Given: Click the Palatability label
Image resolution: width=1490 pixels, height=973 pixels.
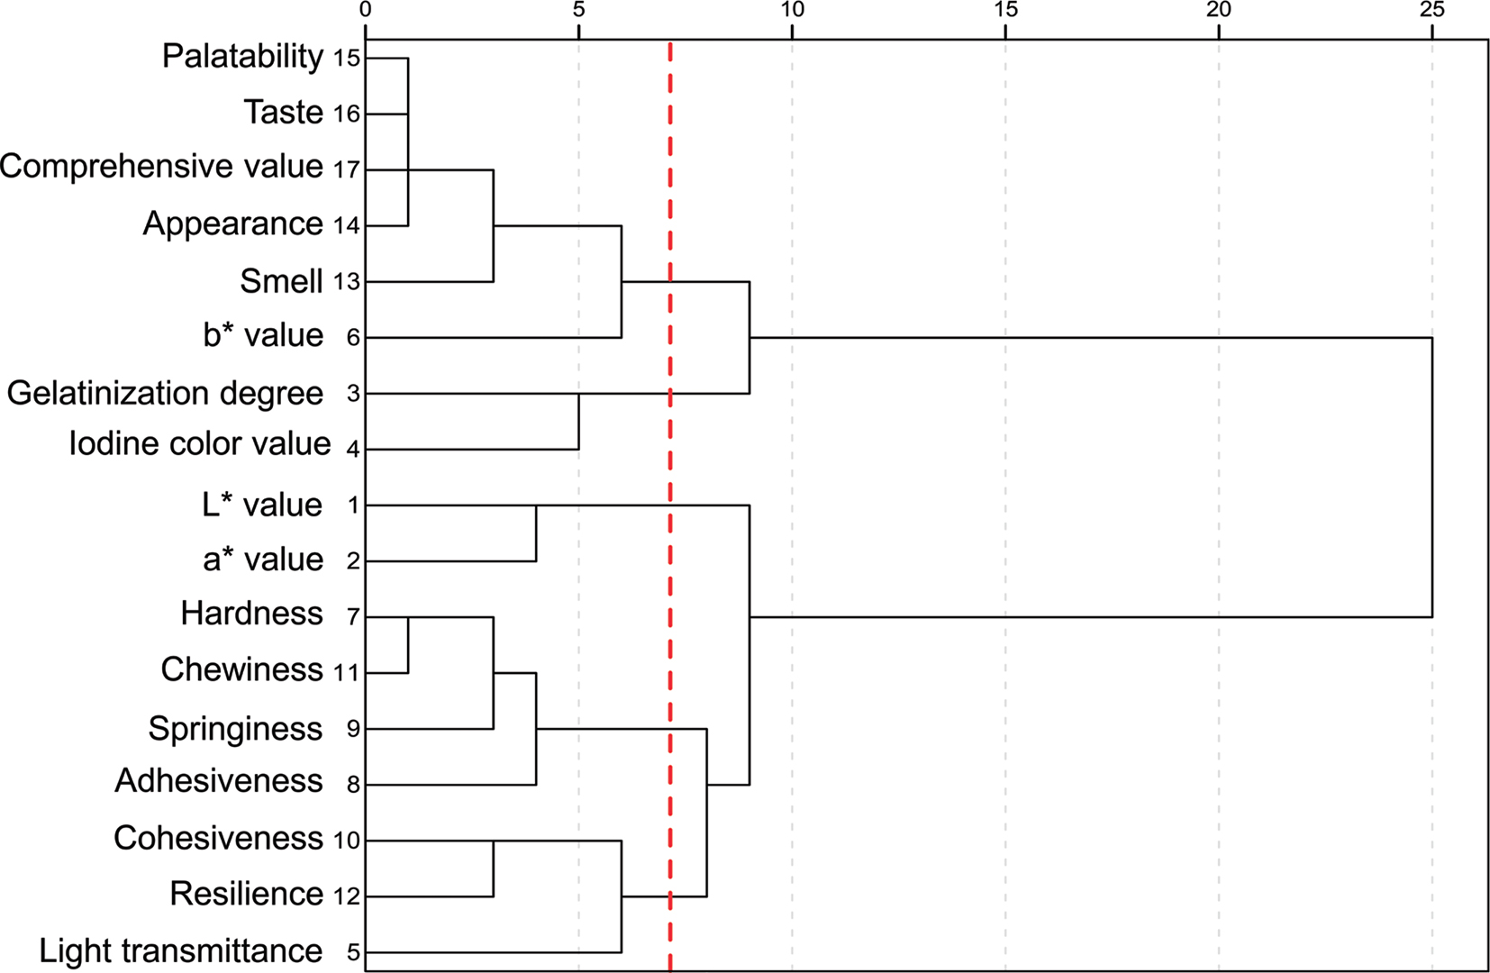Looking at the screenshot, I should coord(242,57).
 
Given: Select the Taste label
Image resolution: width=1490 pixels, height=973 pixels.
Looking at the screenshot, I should coord(283,113).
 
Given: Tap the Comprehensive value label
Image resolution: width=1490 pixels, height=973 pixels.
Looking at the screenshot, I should coord(161,167).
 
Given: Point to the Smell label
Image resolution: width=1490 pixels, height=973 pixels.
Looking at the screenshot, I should coord(281,281).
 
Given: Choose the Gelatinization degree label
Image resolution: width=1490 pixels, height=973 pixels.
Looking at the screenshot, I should coord(165,394).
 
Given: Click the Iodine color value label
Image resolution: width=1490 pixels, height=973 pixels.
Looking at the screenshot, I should coord(200,443).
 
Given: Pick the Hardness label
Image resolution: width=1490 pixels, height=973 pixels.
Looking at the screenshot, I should coord(251,614).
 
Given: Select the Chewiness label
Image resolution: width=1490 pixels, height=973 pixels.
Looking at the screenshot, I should coord(241,669).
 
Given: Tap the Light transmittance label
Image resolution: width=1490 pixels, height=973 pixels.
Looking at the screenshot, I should coord(180,950).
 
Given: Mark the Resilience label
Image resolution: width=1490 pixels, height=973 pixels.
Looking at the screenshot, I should coord(246,894).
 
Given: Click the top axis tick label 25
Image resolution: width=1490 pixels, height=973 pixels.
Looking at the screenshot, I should coord(1431,10).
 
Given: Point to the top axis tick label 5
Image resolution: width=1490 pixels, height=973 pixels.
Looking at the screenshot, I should coord(578,10).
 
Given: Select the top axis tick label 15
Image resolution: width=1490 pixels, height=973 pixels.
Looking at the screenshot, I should coord(1005,10).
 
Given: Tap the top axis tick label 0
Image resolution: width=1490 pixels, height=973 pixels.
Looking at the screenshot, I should coord(365,10).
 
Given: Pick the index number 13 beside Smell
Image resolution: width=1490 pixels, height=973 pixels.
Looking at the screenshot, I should coord(347,283).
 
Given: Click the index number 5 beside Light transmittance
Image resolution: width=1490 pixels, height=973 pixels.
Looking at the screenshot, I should coord(353,953).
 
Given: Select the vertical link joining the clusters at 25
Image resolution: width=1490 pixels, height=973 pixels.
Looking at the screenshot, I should coord(1431,477).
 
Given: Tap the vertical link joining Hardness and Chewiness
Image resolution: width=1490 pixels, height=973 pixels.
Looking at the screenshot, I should coord(408,645).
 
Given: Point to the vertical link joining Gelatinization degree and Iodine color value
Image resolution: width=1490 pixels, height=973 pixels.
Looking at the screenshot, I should coord(578,422).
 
